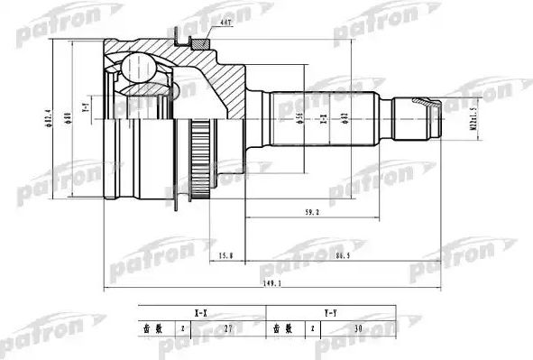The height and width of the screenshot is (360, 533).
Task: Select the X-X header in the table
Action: click(200, 312)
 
